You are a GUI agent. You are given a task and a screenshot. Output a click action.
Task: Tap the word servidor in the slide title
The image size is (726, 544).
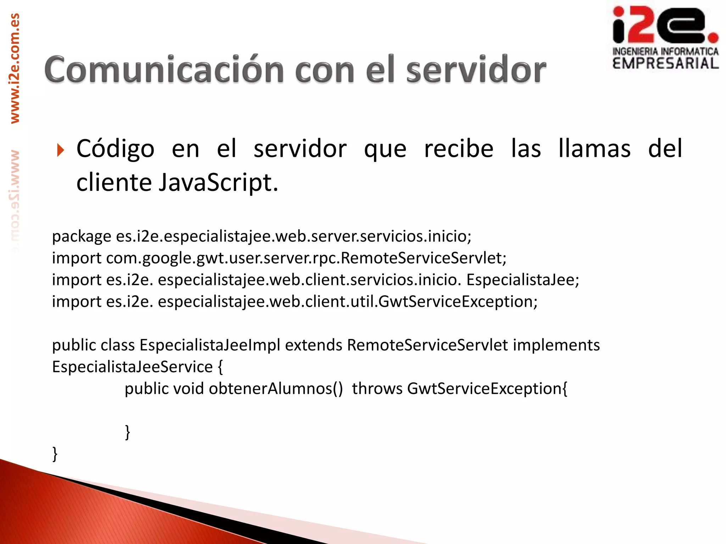(476, 70)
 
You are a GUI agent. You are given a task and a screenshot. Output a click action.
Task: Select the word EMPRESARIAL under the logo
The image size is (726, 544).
(665, 64)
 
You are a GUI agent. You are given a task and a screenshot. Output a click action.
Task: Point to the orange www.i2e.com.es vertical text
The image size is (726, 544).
(15, 68)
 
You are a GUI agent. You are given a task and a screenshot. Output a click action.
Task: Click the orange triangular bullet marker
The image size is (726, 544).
(60, 150)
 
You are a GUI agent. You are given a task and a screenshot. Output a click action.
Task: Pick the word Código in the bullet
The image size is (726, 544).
(115, 149)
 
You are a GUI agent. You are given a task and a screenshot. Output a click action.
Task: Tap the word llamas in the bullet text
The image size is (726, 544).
(594, 149)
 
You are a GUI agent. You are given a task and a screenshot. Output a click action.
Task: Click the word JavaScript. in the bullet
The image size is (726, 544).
(218, 183)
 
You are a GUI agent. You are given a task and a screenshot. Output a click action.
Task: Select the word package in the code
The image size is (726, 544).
(82, 237)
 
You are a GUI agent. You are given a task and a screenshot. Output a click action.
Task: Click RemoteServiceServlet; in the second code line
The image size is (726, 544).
(424, 258)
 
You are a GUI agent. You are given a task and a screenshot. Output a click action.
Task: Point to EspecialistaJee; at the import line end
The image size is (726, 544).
(523, 280)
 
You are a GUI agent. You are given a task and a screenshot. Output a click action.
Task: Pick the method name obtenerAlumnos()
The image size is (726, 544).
(276, 389)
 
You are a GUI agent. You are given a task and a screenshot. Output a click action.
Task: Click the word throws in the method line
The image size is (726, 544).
(377, 389)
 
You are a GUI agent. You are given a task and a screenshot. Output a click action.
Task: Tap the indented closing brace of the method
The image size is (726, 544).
(128, 432)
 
